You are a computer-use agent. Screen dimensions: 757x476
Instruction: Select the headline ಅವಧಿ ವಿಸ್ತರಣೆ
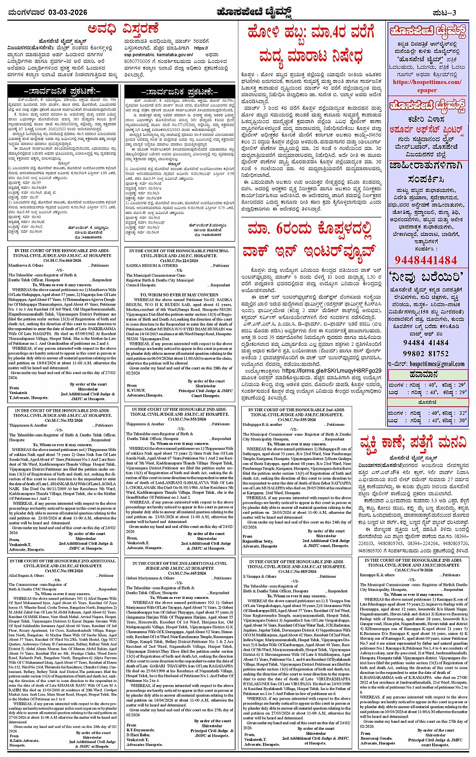(x=122, y=29)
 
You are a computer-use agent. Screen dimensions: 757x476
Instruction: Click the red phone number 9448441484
(x=426, y=260)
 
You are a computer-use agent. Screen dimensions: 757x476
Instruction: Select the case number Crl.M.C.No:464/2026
(x=63, y=260)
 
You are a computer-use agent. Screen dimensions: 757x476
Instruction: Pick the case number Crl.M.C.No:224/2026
(x=179, y=261)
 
